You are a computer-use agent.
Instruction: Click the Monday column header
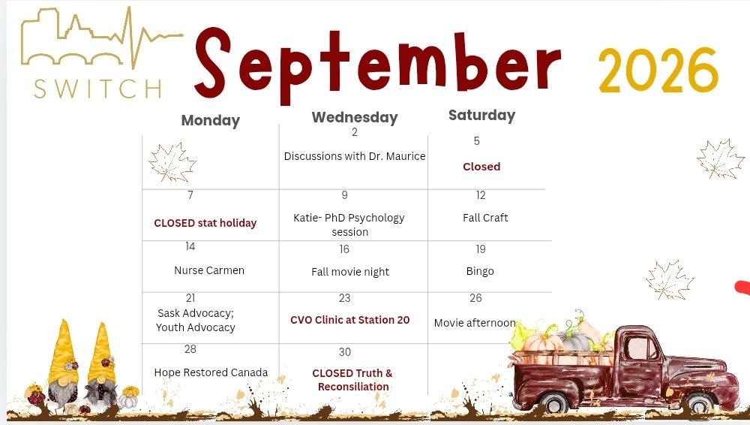coord(211,120)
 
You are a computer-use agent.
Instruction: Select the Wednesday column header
coord(355,117)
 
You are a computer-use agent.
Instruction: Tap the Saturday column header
coord(481,115)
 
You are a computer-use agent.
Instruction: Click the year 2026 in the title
coord(658,71)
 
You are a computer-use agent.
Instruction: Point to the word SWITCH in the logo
coord(98,89)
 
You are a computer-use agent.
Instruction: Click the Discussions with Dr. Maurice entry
coord(355,156)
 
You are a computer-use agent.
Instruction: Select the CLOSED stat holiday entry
coord(205,223)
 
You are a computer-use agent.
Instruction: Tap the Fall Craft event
coord(485,218)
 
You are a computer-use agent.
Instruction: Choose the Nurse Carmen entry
coord(209,270)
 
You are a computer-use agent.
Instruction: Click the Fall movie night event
coord(350,272)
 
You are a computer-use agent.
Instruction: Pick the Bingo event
coord(480,271)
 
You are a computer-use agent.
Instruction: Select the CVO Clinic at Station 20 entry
coord(349,320)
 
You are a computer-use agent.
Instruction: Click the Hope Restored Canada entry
coord(211,372)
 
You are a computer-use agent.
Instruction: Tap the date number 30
coord(345,352)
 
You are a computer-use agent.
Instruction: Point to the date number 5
coord(476,141)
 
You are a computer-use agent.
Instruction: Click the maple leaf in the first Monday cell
coord(172,162)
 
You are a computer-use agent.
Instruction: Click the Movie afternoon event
coord(475,323)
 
